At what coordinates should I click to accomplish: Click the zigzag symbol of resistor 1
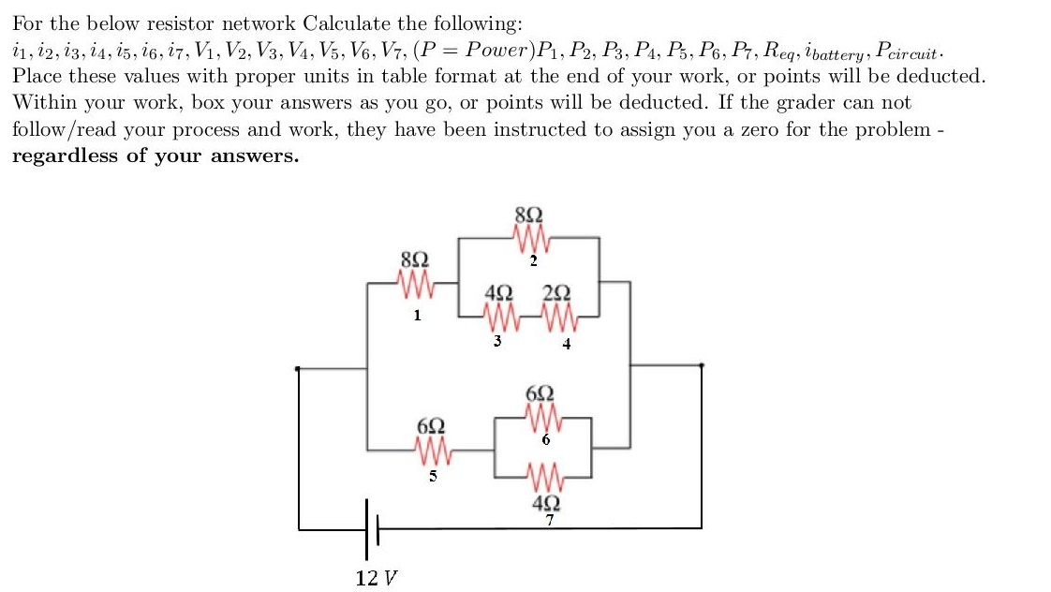415,281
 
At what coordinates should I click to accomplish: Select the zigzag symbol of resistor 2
531,242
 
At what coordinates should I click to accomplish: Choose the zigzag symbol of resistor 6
543,415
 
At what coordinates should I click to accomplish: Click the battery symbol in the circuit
370,529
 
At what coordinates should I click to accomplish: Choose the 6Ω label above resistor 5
431,426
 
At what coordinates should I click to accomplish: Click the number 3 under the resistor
497,341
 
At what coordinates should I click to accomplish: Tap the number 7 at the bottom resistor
551,520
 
